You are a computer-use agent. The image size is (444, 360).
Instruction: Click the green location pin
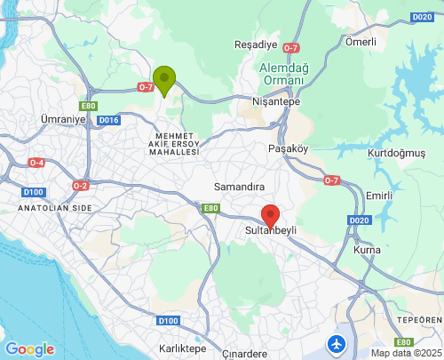164,79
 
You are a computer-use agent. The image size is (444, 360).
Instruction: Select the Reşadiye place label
255,45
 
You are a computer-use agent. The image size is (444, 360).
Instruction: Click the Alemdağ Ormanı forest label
282,74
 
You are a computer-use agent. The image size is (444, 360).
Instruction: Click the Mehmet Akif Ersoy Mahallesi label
173,143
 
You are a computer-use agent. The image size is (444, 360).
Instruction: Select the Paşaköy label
288,148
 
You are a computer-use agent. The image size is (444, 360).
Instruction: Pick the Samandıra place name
240,187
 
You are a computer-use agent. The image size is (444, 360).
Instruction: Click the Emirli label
379,195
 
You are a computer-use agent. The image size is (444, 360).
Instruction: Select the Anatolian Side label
54,207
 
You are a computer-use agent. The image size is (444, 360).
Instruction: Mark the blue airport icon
337,342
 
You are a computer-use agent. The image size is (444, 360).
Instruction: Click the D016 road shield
108,119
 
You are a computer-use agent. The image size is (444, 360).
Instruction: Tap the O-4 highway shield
36,163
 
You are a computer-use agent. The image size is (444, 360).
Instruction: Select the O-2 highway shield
81,185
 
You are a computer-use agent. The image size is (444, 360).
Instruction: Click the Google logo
29,349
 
